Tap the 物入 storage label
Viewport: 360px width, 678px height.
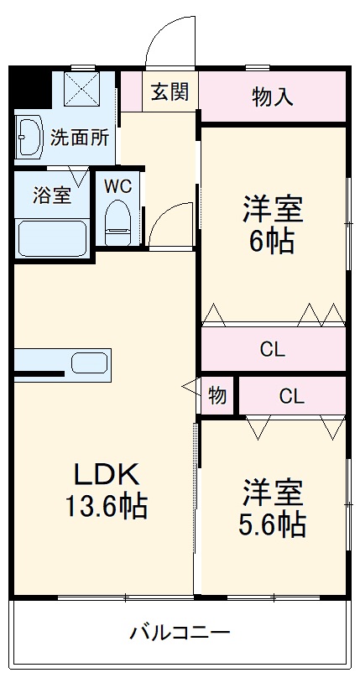coord(273,96)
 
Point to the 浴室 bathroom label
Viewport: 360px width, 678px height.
coord(52,196)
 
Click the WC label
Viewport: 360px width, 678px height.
coord(117,186)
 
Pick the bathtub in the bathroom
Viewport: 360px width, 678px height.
coord(52,238)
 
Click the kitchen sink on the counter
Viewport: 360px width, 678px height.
coord(89,363)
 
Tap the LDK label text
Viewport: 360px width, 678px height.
coord(105,474)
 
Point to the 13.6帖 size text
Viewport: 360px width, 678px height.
coord(106,506)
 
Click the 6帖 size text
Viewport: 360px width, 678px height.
coord(272,242)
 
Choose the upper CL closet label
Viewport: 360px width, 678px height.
coord(273,349)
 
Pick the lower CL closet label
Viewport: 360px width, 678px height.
coord(291,396)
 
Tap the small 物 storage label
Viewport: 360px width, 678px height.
coord(217,396)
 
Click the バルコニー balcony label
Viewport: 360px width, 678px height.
coord(179,632)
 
